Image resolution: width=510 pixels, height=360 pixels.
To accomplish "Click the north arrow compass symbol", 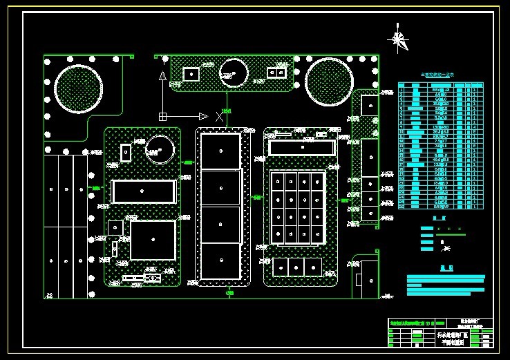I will [398, 39].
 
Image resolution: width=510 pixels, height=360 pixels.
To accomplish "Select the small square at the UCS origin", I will [162, 116].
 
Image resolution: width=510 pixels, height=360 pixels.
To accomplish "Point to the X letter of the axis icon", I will [220, 115].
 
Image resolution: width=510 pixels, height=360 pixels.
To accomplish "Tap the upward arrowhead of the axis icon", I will [162, 75].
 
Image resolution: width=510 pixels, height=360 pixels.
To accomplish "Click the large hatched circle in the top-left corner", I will [78, 89].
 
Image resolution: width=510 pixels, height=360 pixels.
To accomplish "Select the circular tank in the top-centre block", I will [234, 73].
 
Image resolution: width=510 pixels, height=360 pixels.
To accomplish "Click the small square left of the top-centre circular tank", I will [191, 73].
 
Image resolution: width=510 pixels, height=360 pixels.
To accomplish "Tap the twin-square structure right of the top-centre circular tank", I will [276, 73].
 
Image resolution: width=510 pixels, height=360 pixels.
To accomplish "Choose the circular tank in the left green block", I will [160, 149].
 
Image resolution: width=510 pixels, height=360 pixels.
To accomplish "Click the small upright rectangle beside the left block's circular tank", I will [126, 152].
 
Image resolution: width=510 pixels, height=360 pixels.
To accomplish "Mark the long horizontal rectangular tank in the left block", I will [143, 191].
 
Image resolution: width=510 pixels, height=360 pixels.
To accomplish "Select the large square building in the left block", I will [153, 240].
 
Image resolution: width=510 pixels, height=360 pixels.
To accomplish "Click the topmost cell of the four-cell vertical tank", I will [220, 150].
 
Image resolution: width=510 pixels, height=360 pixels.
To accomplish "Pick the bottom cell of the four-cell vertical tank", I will [220, 261].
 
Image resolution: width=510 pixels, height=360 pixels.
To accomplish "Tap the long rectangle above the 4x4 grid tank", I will [301, 147].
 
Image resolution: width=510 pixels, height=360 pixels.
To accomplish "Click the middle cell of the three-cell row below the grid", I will [296, 267].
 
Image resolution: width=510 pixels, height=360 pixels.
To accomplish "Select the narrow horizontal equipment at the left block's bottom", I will [141, 278].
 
